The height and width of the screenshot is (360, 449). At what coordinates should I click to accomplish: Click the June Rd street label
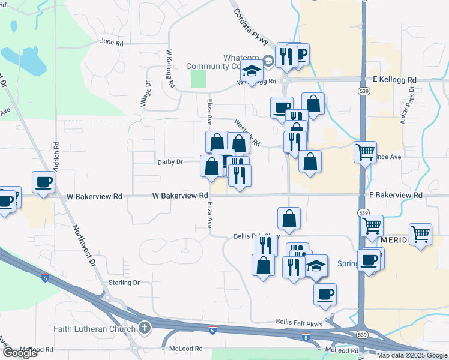coord(112,43)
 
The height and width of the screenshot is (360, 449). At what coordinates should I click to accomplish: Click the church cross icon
coord(144,328)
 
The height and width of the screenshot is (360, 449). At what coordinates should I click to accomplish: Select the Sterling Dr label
coord(124,282)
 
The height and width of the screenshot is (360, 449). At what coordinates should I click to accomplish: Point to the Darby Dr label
coord(170,162)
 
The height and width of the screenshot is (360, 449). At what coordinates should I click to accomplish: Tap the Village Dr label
coord(146,95)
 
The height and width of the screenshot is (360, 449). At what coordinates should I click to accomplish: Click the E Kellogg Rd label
coord(394,79)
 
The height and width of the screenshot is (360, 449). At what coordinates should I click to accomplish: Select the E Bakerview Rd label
coord(396,196)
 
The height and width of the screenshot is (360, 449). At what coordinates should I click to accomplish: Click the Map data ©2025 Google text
coord(412,355)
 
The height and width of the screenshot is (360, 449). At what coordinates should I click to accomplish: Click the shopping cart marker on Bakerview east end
coord(420,234)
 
